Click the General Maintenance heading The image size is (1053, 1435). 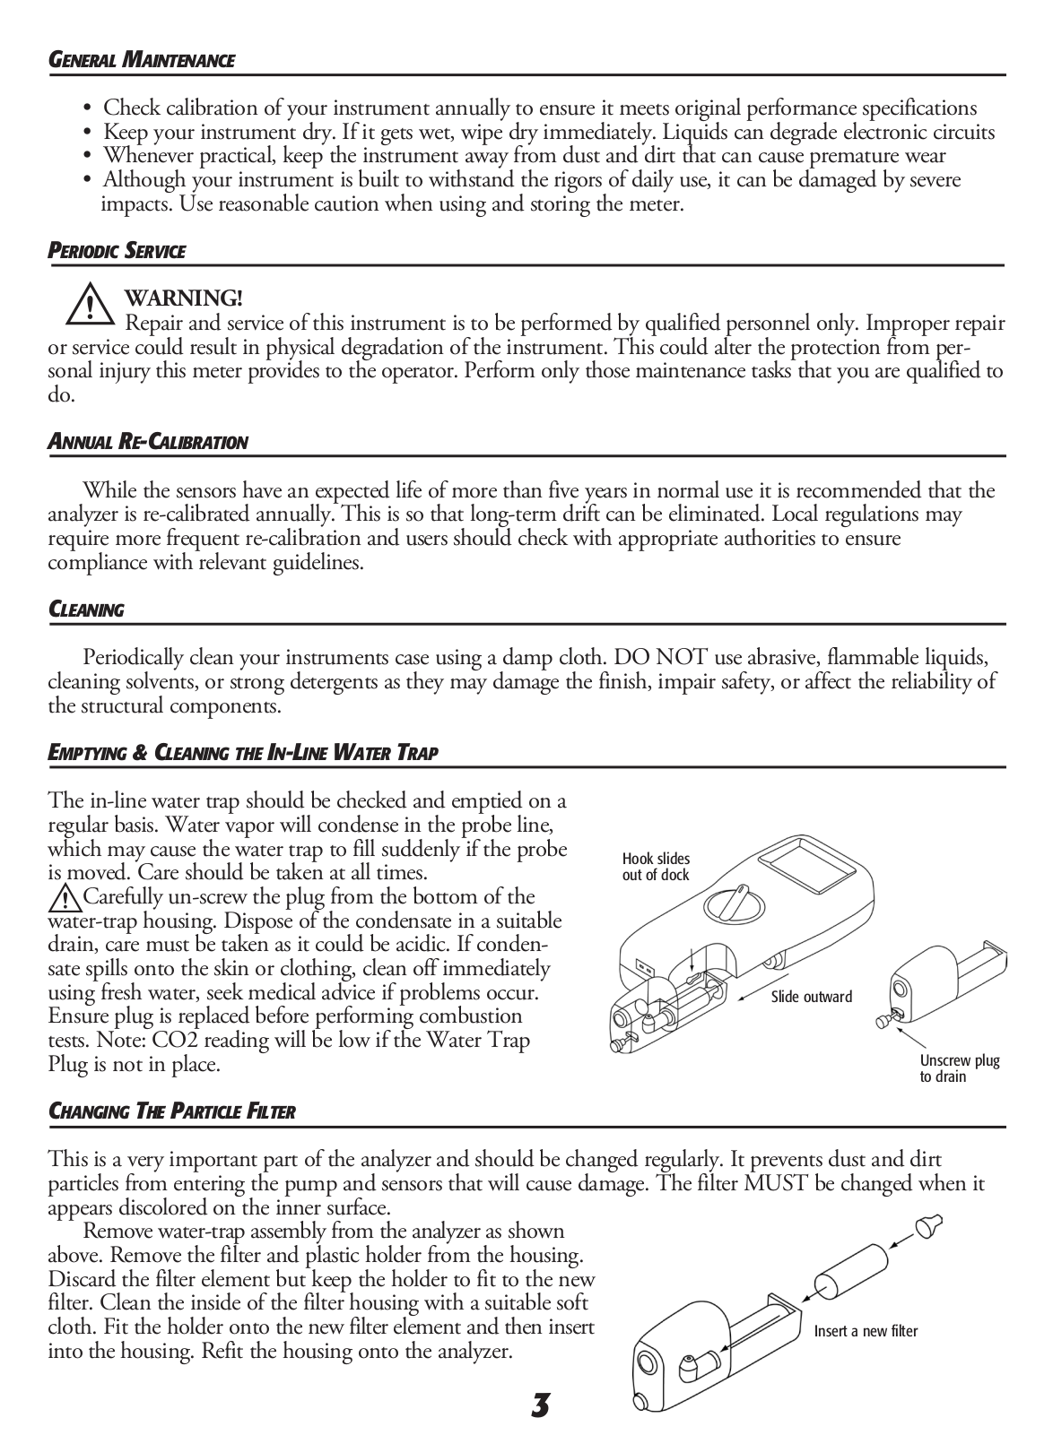point(141,61)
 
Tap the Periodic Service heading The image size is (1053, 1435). point(116,252)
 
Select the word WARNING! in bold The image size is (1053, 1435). point(184,298)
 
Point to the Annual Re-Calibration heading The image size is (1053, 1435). point(147,442)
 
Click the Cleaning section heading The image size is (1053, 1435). point(85,610)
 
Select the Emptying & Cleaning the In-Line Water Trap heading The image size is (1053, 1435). point(242,753)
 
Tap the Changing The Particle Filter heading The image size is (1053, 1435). point(171,1112)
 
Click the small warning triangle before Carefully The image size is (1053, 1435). point(65,897)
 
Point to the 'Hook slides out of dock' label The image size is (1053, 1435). point(656,867)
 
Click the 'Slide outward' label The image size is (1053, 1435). point(812,997)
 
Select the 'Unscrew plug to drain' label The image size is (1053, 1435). point(959,1068)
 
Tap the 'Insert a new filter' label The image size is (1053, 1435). point(866,1331)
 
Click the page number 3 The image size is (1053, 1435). point(539,1405)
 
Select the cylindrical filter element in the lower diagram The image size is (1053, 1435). point(849,1274)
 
